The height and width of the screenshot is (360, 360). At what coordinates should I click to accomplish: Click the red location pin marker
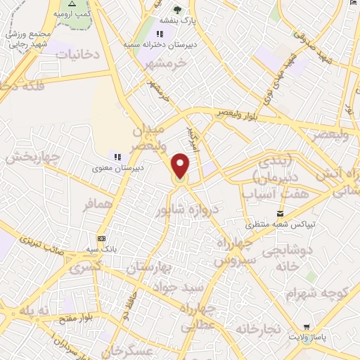pos(181,166)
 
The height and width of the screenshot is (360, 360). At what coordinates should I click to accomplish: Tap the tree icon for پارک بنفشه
pos(176,10)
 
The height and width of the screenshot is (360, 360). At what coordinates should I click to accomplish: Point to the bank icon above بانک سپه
pos(102,238)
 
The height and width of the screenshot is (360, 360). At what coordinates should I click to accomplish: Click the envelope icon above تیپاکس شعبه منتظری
pos(281,214)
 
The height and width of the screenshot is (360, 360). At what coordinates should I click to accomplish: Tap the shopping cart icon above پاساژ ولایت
pos(306,327)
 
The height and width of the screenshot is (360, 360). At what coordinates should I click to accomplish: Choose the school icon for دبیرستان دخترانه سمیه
pos(160,34)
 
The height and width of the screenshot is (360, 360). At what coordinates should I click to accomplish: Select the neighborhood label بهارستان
pos(149,268)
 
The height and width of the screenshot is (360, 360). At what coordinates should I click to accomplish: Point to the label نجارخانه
pos(258,328)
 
